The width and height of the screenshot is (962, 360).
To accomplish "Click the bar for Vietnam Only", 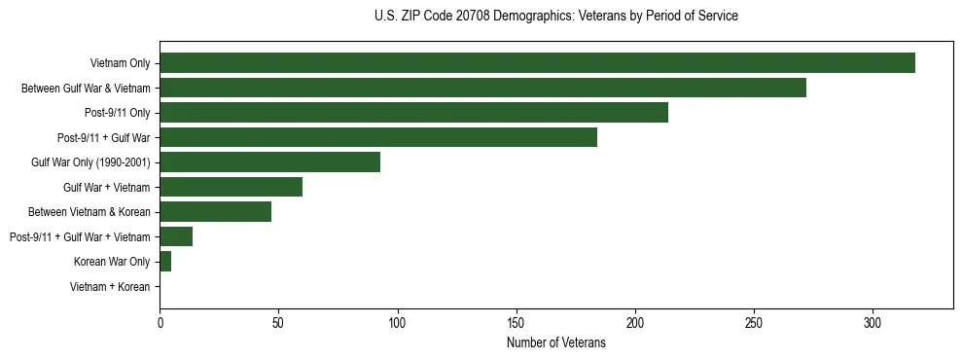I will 537,63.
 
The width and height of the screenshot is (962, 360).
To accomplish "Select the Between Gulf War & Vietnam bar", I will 482,89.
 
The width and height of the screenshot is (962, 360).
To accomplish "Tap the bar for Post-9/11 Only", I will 413,113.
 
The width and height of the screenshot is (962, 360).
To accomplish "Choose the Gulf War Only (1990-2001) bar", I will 269,162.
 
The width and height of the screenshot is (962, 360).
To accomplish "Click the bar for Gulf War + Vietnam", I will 231,187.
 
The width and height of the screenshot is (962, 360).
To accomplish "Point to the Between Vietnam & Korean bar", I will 215,212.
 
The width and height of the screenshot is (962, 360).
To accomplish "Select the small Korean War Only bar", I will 165,262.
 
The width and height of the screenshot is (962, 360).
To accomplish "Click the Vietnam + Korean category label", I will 110,287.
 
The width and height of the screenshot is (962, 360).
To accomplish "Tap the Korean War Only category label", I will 112,262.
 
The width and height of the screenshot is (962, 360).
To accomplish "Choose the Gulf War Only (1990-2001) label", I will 90,162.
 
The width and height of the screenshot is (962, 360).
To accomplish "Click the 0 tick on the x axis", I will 160,323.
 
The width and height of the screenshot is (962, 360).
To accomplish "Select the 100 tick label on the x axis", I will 397,323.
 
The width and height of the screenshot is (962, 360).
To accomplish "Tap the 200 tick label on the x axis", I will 635,323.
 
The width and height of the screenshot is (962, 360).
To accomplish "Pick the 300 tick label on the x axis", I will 873,323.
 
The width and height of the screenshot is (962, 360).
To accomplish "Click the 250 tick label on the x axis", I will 754,323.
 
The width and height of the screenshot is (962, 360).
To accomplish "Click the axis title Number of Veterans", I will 555,342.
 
